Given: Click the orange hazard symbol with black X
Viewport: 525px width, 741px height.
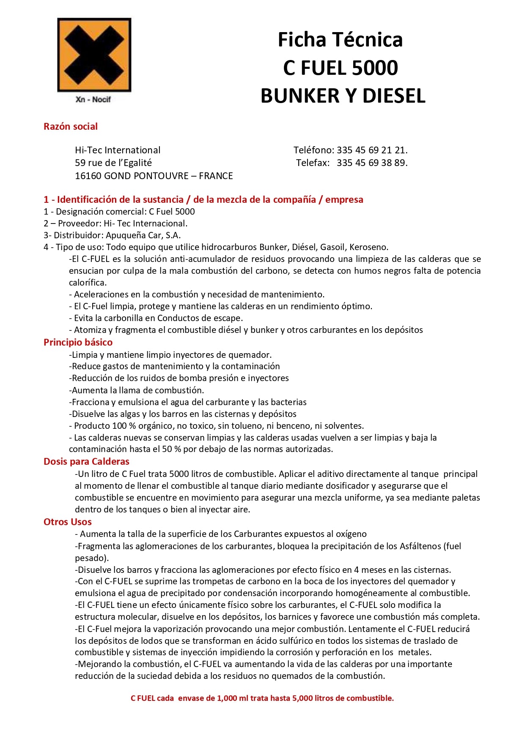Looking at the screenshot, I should pos(94,54).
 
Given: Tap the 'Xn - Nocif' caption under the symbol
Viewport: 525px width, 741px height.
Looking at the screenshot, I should pos(93,100).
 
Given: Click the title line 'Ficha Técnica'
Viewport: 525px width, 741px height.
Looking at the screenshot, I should pos(340,40).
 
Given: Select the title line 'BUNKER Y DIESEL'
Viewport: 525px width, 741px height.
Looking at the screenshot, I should pos(343,96).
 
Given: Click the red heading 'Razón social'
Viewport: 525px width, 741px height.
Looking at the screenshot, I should pos(71,126).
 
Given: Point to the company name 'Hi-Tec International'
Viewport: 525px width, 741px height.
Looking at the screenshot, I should pos(118,150).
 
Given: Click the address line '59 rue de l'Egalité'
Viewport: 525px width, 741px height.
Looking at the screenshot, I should pos(113,163).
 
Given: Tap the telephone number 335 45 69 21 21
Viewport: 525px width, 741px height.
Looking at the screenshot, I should pos(372,150).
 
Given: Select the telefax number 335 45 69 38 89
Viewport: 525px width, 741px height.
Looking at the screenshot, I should pos(372,163).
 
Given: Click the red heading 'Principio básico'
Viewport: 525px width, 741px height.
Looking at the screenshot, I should pos(78,342).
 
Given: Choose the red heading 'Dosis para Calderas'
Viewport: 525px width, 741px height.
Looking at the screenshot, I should pos(86,461).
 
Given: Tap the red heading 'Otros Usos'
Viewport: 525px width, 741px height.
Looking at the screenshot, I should pos(68,522).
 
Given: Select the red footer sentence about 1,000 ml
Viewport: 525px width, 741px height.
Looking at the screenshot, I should pos(262,698).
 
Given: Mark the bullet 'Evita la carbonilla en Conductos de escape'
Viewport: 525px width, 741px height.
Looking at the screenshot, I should pos(157,318).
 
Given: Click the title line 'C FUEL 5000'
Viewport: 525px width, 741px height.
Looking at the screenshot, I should pos(340,68).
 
